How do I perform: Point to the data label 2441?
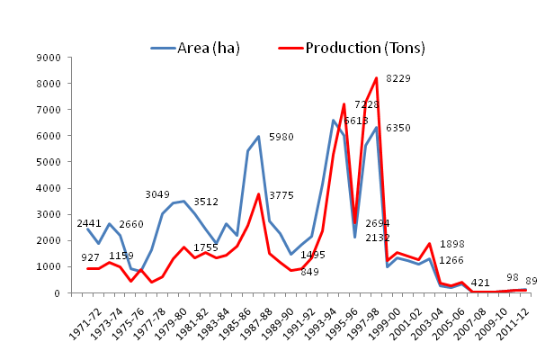pos(89,223)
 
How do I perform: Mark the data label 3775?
pos(281,195)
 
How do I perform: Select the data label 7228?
pos(365,106)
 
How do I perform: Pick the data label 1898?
pos(452,245)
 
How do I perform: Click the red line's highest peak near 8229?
pos(376,78)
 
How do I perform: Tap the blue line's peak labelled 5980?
pos(259,137)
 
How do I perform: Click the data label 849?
pos(309,272)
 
